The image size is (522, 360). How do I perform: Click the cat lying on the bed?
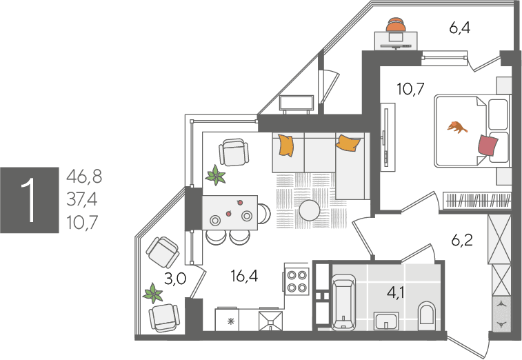(457, 127)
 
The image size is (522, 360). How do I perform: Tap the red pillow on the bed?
(488, 146)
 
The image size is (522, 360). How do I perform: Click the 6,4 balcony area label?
(460, 28)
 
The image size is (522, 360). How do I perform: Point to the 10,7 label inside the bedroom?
(411, 89)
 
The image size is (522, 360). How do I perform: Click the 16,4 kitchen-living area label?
(244, 276)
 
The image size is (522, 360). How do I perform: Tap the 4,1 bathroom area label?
(396, 292)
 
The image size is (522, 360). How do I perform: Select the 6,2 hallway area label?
(462, 239)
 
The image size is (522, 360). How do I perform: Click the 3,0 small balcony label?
(175, 279)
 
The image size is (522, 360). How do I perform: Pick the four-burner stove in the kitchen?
(297, 281)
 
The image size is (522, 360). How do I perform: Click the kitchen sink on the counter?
(271, 321)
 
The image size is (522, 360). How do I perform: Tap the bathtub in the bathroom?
(344, 302)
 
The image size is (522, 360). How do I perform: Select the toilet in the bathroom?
(427, 314)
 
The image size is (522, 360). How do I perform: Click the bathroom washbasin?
(386, 321)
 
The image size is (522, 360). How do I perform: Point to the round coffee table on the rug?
(310, 210)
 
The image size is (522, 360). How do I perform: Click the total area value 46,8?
(84, 176)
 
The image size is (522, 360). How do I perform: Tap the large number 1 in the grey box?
(30, 200)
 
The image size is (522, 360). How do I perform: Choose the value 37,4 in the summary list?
(82, 199)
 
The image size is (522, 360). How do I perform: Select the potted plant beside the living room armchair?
(216, 175)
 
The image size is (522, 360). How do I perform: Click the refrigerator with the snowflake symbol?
(227, 320)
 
